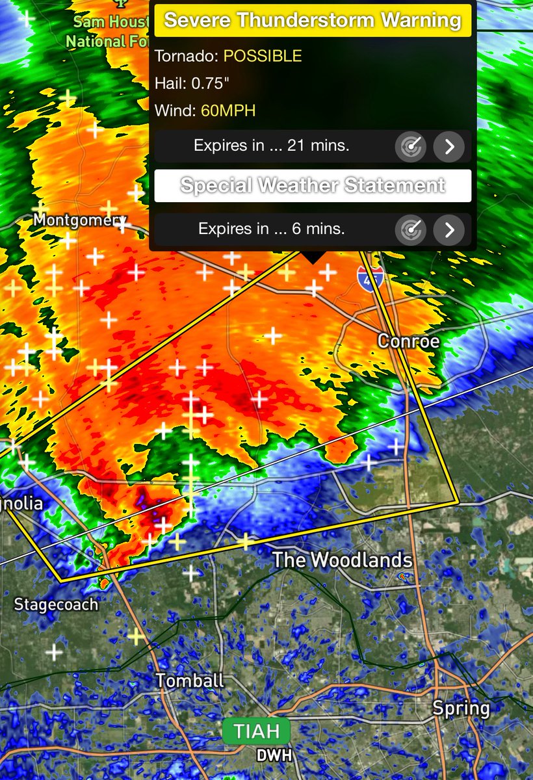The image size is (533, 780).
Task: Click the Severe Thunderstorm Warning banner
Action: tap(313, 20)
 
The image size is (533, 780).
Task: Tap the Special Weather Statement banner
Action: tap(313, 186)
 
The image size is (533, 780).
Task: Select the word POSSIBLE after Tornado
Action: tap(263, 56)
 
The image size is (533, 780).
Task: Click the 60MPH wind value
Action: tap(228, 110)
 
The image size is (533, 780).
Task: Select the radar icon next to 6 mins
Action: tap(411, 229)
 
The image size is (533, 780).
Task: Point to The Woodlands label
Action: tap(342, 560)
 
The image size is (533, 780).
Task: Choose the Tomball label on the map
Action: tap(190, 681)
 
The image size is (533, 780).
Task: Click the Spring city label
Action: tap(461, 708)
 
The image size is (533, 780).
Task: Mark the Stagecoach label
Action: tap(56, 604)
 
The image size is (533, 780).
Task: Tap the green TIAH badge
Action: tap(257, 731)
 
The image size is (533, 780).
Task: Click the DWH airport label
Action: tap(274, 755)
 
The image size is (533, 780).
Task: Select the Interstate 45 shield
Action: tap(369, 277)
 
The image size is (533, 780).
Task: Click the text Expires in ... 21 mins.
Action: tap(272, 146)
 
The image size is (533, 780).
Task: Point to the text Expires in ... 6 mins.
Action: tap(272, 229)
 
